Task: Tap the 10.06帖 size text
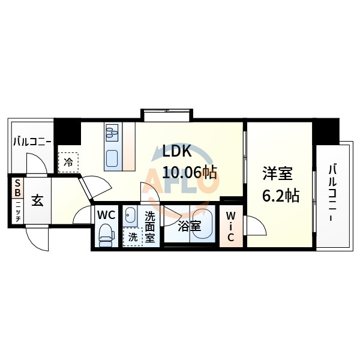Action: tap(187, 173)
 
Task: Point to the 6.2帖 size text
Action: tap(279, 196)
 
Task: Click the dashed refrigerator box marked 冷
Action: tap(69, 161)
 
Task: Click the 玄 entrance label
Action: tap(38, 202)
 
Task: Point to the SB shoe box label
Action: tap(17, 189)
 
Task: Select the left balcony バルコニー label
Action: tap(32, 143)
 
